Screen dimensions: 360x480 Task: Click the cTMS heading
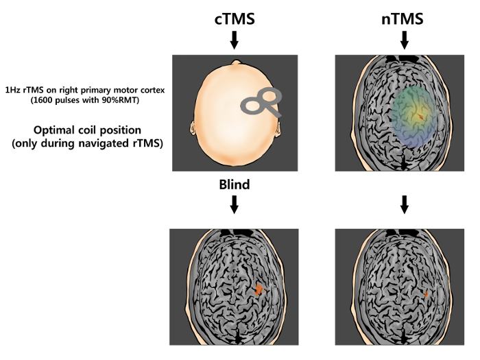[234, 19]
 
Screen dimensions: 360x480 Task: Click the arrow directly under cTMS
[234, 40]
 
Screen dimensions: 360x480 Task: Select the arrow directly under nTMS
[404, 40]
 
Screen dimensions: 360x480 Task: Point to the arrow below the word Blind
[234, 204]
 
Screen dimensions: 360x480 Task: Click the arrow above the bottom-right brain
[404, 204]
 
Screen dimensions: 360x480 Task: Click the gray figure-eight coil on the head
[261, 104]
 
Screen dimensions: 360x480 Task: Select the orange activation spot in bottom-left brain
[259, 290]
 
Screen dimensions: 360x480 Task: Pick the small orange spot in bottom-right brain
[427, 294]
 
